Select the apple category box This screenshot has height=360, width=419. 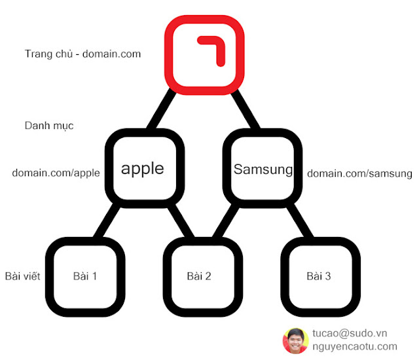(x=143, y=168)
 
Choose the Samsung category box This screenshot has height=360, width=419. (x=263, y=169)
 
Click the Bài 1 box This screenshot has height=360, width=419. (x=85, y=275)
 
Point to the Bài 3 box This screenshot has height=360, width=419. (x=318, y=275)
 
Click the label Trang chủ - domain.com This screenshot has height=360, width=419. (x=82, y=54)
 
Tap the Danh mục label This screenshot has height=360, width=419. (x=48, y=125)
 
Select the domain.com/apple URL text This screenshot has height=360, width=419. (x=56, y=173)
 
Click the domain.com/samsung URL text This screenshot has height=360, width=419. (x=359, y=173)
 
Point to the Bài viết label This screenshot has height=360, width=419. (x=22, y=276)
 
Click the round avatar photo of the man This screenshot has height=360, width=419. (x=295, y=340)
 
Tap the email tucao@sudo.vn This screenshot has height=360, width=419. (x=350, y=333)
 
